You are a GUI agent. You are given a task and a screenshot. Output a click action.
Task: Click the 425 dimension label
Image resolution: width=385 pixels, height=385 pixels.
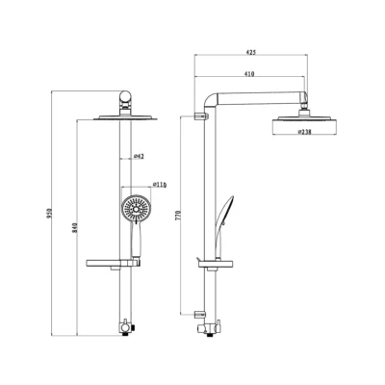click(251, 52)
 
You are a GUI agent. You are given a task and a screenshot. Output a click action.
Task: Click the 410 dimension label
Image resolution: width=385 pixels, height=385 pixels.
click(249, 74)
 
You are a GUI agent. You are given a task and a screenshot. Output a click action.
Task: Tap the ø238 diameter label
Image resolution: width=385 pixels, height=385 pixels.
click(304, 132)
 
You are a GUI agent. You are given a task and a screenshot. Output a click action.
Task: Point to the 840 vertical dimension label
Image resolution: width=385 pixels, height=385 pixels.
click(75, 227)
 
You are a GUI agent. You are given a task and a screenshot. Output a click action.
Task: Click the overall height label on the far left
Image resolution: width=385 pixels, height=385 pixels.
click(49, 214)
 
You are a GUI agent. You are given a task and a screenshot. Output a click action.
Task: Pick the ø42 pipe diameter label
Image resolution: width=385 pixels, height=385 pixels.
click(139, 156)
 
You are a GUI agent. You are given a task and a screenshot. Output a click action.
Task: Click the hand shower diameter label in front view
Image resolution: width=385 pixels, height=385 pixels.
click(160, 185)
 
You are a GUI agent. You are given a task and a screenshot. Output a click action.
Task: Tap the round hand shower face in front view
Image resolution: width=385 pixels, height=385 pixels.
click(137, 209)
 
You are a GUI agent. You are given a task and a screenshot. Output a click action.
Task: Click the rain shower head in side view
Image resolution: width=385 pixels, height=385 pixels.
click(304, 123)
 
